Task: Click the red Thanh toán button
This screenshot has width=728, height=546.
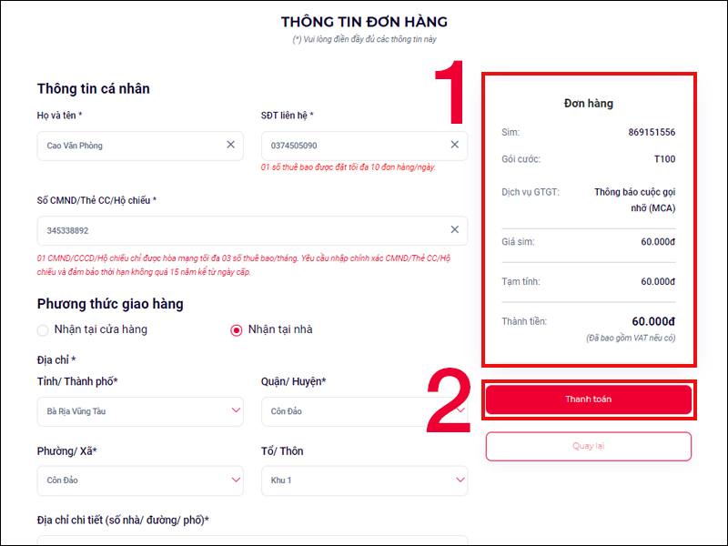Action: (588, 399)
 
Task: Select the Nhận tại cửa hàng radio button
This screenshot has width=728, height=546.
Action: (43, 329)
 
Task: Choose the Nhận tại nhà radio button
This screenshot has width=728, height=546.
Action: (237, 329)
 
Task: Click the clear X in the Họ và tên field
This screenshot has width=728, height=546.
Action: (230, 145)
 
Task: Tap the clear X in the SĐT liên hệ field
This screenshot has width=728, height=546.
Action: (455, 145)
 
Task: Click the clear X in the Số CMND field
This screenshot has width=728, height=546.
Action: (455, 230)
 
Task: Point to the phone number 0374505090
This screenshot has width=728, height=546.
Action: (294, 146)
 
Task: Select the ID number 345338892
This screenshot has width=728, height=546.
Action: (68, 231)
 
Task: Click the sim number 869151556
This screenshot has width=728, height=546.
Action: (652, 133)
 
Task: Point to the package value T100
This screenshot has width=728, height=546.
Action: (664, 159)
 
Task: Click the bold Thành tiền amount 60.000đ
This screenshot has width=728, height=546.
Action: (653, 321)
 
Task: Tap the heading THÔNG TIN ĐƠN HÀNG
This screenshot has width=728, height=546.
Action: (364, 22)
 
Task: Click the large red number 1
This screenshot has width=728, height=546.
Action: (450, 94)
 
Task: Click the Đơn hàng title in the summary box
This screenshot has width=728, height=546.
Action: (589, 104)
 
